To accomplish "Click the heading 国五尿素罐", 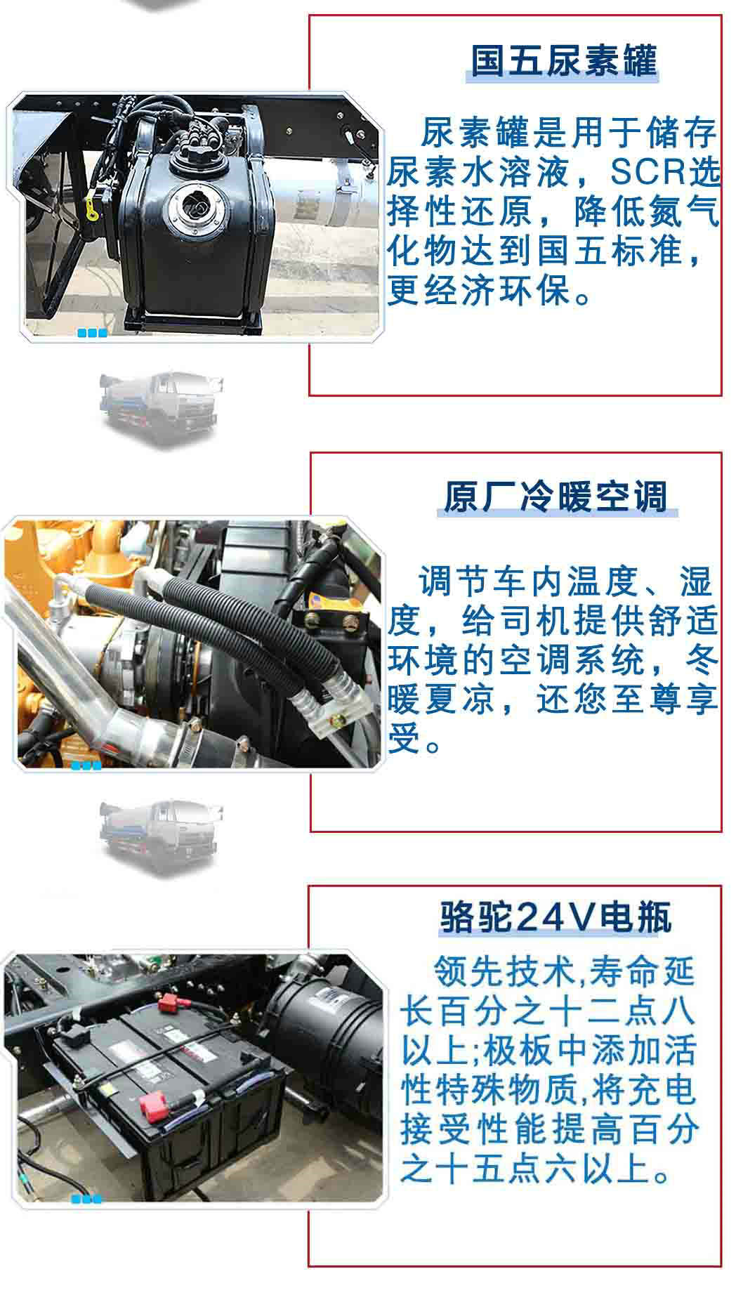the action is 563,60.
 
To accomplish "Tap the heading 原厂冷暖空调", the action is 555,497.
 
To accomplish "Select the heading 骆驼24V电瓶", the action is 555,916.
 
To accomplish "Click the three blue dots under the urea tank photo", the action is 92,333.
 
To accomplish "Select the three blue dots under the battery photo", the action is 86,1199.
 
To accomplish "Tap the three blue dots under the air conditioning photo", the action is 86,766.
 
